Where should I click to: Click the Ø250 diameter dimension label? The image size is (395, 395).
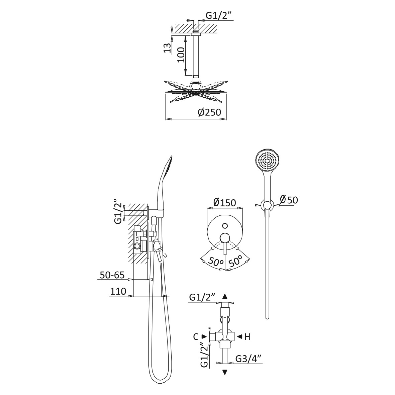click(209, 112)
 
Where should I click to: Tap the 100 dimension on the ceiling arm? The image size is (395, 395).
click(181, 55)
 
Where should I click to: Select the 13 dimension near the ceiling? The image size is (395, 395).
click(168, 47)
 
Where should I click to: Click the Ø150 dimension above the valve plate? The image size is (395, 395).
click(224, 202)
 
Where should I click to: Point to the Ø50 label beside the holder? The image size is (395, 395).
click(289, 200)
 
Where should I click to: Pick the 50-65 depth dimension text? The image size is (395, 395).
click(112, 275)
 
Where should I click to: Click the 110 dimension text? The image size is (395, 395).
click(118, 291)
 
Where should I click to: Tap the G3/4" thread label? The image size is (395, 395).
click(248, 359)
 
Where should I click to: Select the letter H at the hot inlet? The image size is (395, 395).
click(248, 336)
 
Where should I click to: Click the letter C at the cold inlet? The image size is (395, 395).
click(196, 336)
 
